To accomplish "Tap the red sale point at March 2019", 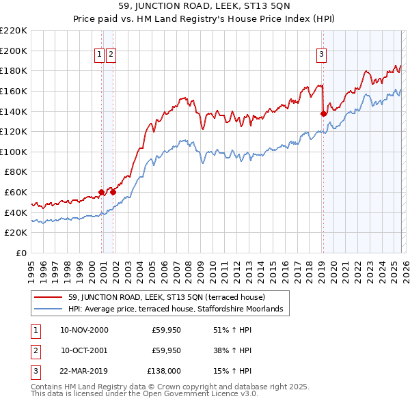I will point(323,114).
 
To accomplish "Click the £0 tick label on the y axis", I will point(20,253).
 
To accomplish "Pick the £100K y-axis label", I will point(14,152).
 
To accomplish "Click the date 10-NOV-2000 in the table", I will point(84,330).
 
